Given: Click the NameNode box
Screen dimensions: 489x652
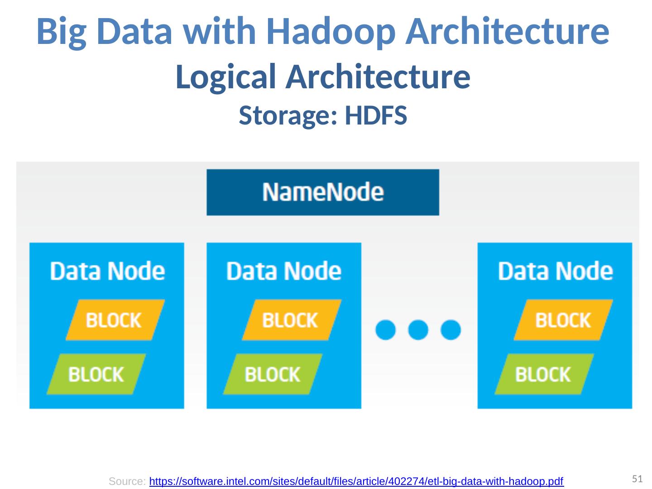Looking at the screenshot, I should [323, 192].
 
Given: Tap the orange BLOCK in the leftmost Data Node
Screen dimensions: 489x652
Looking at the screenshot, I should [115, 320].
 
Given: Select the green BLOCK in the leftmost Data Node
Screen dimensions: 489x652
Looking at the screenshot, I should [96, 374].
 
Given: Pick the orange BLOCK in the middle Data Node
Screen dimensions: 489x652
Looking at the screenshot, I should [291, 320].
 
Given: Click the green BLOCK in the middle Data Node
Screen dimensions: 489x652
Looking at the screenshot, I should [273, 374].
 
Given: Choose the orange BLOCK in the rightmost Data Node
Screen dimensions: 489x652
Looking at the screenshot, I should [563, 320].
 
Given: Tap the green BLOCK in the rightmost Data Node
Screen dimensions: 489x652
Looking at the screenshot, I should [543, 374].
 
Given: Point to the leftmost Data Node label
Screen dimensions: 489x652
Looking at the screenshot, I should [107, 271].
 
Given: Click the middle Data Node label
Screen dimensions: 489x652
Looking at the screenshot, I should [284, 271].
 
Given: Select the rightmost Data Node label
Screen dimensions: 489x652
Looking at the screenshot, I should [555, 271].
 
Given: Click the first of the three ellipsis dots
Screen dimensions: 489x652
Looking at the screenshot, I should [386, 330].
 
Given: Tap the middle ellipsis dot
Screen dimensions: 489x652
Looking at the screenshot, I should [418, 330].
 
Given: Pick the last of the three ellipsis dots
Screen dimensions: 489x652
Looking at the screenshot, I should [451, 330].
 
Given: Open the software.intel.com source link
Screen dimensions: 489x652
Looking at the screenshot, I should [356, 481].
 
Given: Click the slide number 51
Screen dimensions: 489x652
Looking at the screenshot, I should [638, 479].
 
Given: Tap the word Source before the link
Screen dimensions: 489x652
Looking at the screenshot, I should [127, 482].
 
